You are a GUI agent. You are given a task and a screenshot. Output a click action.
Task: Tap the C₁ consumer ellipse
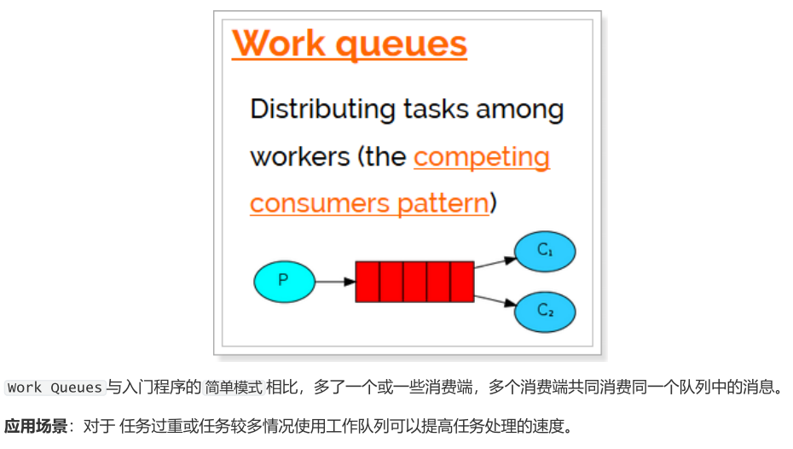click(x=545, y=251)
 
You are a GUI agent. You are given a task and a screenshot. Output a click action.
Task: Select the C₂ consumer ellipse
click(x=545, y=311)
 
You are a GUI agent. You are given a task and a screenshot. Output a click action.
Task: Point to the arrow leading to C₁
click(x=495, y=262)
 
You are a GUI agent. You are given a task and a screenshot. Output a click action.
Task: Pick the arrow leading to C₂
click(x=495, y=300)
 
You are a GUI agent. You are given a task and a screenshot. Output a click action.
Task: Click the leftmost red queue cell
click(x=368, y=282)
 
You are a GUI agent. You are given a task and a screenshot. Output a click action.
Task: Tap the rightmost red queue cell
click(x=462, y=282)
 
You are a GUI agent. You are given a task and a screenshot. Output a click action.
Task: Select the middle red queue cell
click(x=414, y=282)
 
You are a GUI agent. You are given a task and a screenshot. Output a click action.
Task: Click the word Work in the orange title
click(x=277, y=44)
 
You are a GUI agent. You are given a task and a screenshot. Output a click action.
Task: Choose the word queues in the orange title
click(x=402, y=45)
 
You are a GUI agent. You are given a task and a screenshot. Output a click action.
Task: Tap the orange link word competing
click(x=481, y=158)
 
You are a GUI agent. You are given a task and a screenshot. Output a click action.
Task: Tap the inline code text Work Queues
click(x=55, y=388)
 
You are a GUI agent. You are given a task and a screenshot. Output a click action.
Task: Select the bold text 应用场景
click(x=36, y=426)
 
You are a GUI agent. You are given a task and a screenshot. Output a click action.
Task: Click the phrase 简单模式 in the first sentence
click(x=229, y=388)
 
